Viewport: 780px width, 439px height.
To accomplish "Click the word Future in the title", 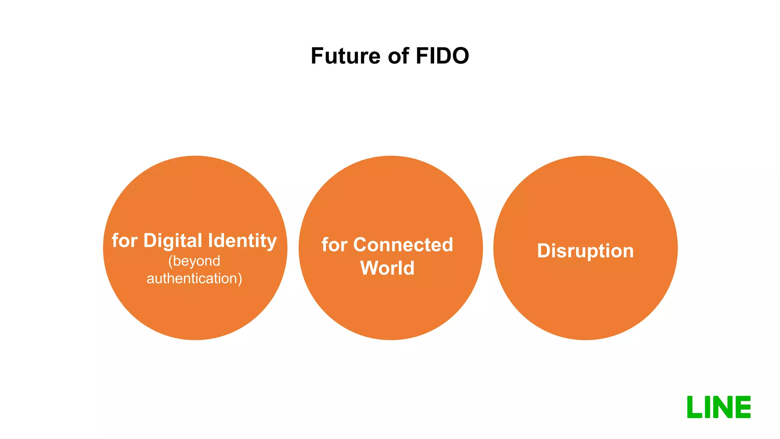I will pyautogui.click(x=345, y=56).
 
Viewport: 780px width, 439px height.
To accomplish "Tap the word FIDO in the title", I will pyautogui.click(x=442, y=56).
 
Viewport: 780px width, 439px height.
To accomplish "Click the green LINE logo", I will pyautogui.click(x=719, y=407).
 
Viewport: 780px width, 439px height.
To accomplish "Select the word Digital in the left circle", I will pyautogui.click(x=173, y=241).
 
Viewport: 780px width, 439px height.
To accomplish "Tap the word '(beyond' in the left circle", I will pyautogui.click(x=194, y=261).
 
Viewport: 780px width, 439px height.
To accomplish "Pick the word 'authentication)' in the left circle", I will pyautogui.click(x=194, y=279).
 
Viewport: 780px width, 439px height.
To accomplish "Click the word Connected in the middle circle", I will pyautogui.click(x=403, y=245).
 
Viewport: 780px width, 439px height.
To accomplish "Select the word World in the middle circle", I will pyautogui.click(x=387, y=268).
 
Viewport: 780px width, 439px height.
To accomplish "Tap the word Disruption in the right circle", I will pyautogui.click(x=585, y=251).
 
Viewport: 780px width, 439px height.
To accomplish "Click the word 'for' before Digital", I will pyautogui.click(x=125, y=241).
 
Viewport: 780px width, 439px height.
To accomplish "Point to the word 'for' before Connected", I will pyautogui.click(x=334, y=245).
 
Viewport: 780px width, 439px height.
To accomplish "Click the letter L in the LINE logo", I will pyautogui.click(x=694, y=407).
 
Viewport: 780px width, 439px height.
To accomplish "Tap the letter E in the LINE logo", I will pyautogui.click(x=743, y=407).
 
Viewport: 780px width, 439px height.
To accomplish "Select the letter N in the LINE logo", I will pyautogui.click(x=722, y=407).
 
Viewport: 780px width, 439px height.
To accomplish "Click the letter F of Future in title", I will pyautogui.click(x=317, y=56).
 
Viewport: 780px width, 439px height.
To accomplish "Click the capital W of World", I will pyautogui.click(x=370, y=268).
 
